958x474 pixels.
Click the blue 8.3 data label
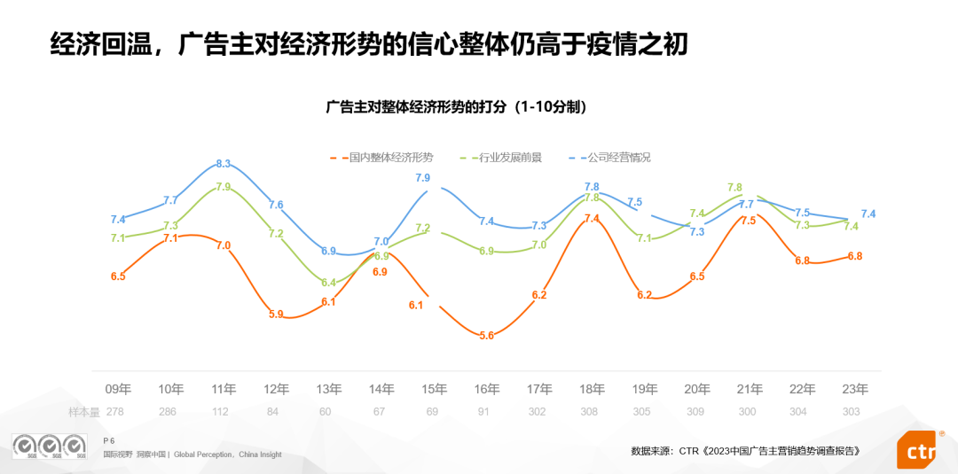(x=223, y=164)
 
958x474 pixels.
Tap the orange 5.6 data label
(x=486, y=336)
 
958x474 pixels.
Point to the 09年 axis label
(x=118, y=389)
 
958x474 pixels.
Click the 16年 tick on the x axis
(x=486, y=389)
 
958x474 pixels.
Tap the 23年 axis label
(x=855, y=389)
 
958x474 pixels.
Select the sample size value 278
(x=115, y=412)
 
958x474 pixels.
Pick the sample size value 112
(x=220, y=412)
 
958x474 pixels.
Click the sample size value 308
(x=589, y=412)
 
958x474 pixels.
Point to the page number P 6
(x=109, y=440)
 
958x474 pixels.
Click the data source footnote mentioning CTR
(x=746, y=451)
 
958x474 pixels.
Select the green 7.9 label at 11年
(x=223, y=187)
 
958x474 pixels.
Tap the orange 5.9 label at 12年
(x=276, y=314)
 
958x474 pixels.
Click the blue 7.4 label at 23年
(x=868, y=214)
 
